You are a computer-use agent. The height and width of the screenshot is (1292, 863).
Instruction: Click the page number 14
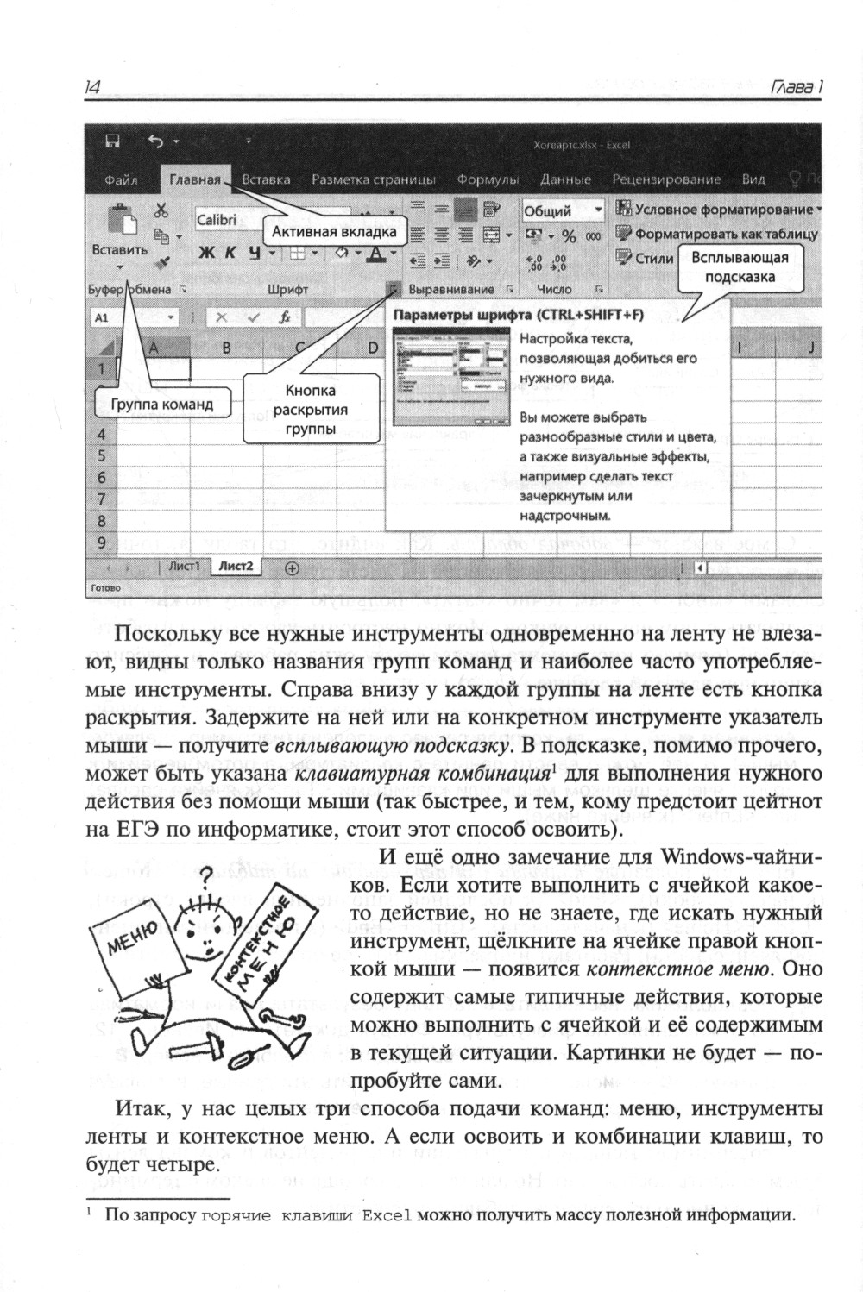[x=93, y=86]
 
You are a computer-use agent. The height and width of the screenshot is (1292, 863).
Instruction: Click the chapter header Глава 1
[x=795, y=87]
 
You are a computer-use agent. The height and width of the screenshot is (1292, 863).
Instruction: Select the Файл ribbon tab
[x=121, y=179]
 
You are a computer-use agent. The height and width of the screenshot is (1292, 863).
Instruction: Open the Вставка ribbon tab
[x=266, y=179]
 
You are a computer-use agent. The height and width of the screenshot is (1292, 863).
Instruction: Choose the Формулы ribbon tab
[x=488, y=179]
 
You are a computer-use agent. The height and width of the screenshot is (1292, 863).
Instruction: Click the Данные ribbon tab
[x=565, y=179]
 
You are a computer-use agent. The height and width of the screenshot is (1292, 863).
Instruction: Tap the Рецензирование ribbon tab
[x=666, y=179]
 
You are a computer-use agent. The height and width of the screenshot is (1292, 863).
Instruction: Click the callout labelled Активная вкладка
[x=334, y=231]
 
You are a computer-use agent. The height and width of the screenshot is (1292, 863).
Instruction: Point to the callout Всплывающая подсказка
[x=739, y=267]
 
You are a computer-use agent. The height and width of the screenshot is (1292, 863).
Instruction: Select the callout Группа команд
[x=162, y=404]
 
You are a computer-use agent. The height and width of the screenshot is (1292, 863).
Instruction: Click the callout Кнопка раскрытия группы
[x=311, y=410]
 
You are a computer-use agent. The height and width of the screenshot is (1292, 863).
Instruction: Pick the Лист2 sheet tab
[x=236, y=567]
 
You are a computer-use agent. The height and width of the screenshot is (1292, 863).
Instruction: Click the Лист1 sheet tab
[x=184, y=567]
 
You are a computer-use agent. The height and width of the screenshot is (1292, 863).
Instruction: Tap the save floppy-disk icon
[x=112, y=141]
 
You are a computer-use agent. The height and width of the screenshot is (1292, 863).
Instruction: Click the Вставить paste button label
[x=119, y=250]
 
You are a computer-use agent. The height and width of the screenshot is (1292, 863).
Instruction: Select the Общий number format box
[x=562, y=210]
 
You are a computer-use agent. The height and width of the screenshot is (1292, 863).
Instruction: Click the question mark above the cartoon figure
[x=205, y=879]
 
